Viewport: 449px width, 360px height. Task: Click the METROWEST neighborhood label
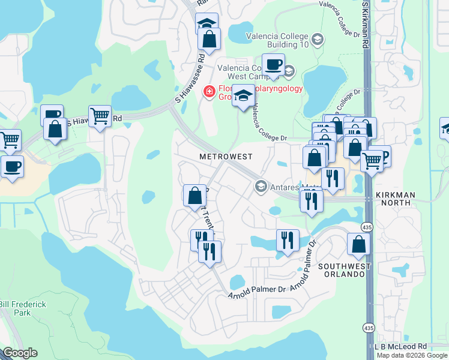point(225,156)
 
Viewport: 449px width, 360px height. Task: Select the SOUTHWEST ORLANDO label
point(342,269)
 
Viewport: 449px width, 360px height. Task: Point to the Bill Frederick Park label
point(23,308)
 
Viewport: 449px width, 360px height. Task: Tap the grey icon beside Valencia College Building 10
point(318,40)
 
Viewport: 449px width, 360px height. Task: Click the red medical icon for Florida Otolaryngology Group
point(209,91)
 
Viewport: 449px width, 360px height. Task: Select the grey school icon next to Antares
point(261,186)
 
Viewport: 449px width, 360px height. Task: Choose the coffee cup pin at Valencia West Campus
point(273,64)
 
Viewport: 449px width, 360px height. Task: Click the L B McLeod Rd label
point(400,347)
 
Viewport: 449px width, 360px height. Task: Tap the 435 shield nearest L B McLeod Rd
point(367,328)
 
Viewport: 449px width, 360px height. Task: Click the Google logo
point(20,353)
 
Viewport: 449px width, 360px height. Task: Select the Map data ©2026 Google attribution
point(412,355)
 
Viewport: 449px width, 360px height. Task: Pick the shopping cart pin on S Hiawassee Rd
point(100,115)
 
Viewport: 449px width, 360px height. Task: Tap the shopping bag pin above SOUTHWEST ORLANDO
point(358,244)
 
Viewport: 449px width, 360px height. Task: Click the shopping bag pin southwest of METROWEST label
point(194,196)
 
